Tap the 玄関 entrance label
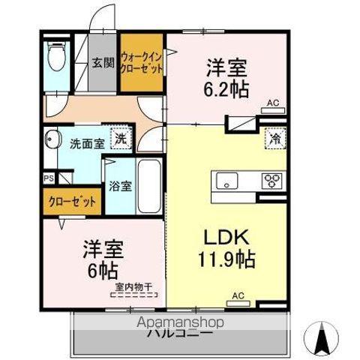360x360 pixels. (x=103, y=64)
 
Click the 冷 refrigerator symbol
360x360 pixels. (x=275, y=138)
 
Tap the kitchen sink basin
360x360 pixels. (x=226, y=181)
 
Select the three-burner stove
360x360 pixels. (x=271, y=181)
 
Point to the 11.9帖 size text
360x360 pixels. (x=226, y=260)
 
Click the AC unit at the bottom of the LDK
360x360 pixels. (x=239, y=303)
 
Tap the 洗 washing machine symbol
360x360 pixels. (x=119, y=137)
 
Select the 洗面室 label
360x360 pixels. (x=87, y=143)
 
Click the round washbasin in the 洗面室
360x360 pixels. (x=53, y=140)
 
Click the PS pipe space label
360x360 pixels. (x=49, y=178)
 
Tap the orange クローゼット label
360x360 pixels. (x=73, y=202)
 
